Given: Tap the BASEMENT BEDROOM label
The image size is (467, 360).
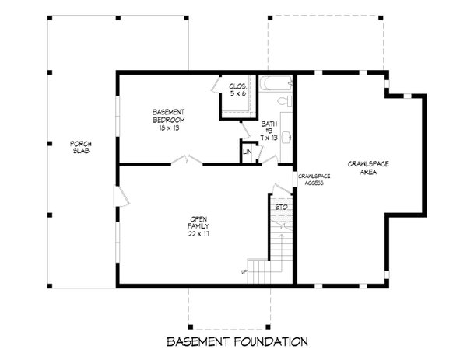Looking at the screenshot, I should pos(168,117).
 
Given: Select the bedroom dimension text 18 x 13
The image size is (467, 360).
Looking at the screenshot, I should pos(168,128).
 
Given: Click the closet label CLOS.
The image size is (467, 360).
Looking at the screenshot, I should pos(237,86).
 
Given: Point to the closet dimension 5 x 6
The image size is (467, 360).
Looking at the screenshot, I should pos(237,93).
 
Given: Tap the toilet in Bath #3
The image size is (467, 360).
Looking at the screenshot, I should pos(284,101).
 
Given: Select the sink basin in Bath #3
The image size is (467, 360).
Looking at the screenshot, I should pos(285,138).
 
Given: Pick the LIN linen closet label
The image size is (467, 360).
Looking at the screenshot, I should pos(248,151).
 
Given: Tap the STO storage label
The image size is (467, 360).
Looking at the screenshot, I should pos(283,208).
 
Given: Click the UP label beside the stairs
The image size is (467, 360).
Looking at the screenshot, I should pos(244,271).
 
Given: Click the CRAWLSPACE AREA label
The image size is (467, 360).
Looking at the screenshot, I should pos(368,169).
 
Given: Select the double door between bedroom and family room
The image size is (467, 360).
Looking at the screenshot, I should pos(187,163).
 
